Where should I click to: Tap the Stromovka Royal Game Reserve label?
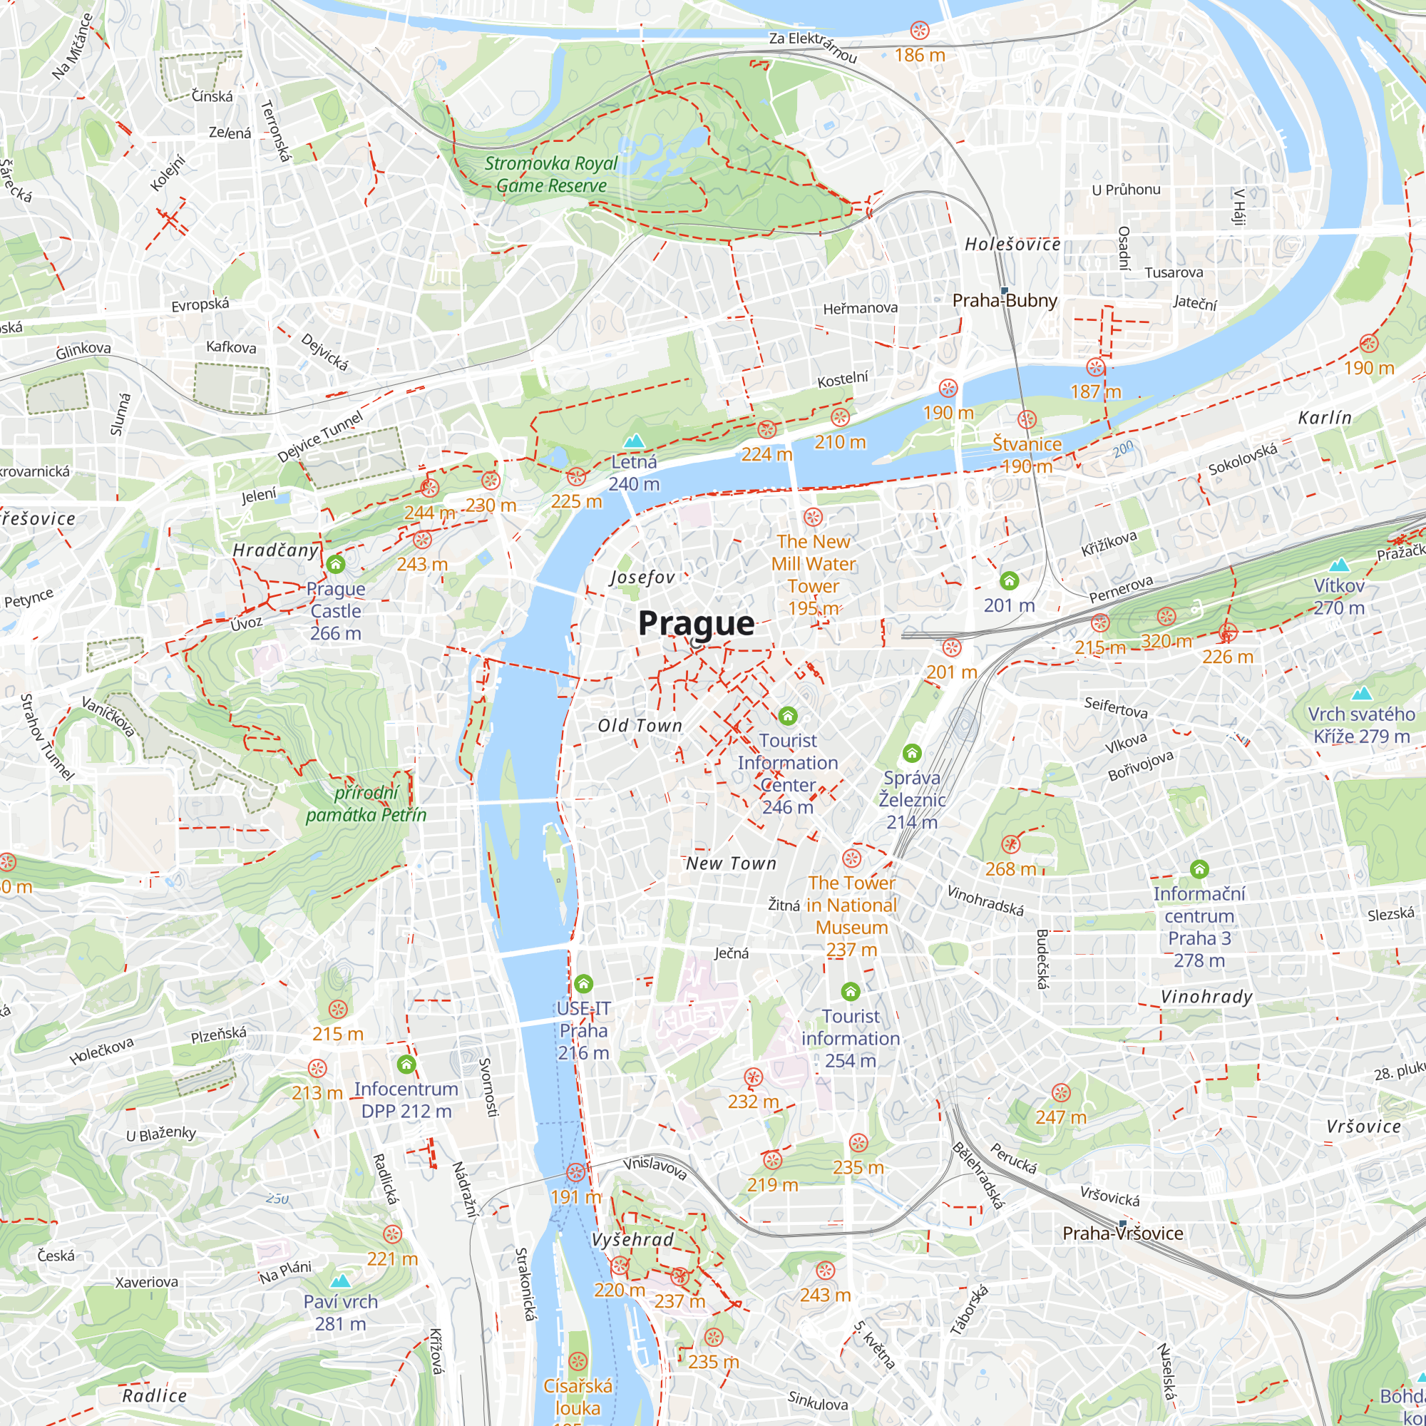pos(550,174)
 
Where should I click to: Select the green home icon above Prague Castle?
pos(336,565)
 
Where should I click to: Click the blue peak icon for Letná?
pos(634,441)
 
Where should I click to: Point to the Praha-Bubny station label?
pos(1004,300)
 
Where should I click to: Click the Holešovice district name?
pos(1012,245)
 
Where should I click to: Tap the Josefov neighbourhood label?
pos(642,578)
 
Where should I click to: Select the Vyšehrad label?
pos(632,1239)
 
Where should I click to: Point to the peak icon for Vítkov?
pos(1339,565)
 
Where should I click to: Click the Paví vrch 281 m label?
pos(340,1313)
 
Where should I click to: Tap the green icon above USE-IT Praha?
pos(583,983)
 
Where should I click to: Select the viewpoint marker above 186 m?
pos(919,31)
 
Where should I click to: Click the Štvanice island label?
pos(1026,444)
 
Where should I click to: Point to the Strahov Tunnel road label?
pos(46,737)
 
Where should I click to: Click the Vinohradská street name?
pos(985,901)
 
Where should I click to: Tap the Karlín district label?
pos(1325,418)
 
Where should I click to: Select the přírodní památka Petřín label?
pos(366,804)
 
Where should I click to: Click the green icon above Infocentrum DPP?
pos(406,1064)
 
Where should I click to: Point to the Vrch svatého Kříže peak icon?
pos(1362,692)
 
